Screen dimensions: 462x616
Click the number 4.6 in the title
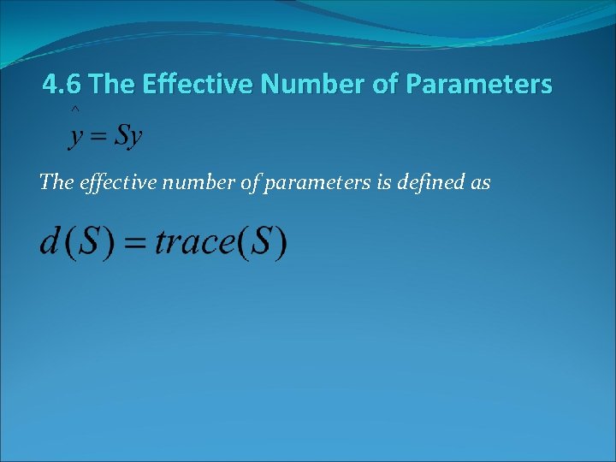[x=62, y=85]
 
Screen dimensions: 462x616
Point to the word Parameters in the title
[x=480, y=85]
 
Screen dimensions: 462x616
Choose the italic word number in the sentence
[x=189, y=181]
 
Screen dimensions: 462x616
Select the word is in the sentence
[x=383, y=181]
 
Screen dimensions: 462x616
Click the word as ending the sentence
[x=480, y=182]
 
